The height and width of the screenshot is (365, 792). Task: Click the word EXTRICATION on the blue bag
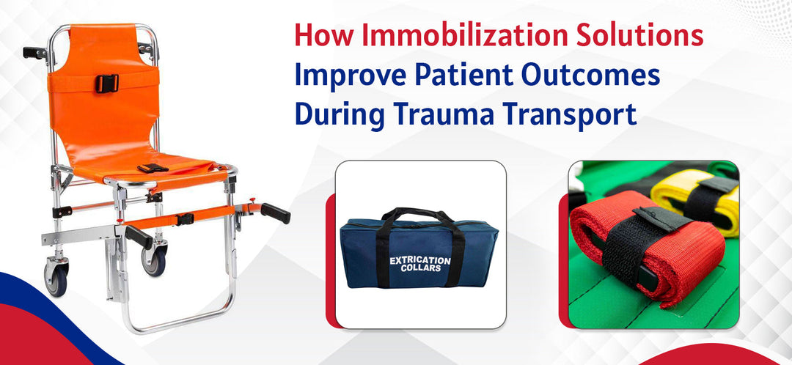419,259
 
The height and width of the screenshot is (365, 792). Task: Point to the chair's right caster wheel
155,260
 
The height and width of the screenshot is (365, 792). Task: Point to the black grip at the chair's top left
34,52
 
